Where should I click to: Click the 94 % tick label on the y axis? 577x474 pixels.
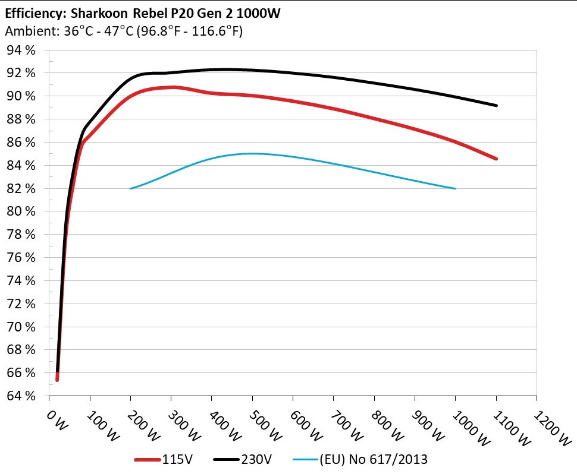tap(21, 50)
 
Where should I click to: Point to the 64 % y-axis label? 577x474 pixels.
tap(21, 396)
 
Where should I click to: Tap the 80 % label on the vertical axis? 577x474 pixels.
tap(21, 211)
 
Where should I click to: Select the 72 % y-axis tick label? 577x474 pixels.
tap(21, 304)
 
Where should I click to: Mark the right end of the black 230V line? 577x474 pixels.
tap(496, 105)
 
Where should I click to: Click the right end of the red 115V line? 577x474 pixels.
tap(496, 159)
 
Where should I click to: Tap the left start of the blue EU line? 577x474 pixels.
tap(131, 188)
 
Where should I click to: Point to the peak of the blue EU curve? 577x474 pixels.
tap(252, 153)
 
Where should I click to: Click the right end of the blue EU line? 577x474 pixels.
tap(455, 188)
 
